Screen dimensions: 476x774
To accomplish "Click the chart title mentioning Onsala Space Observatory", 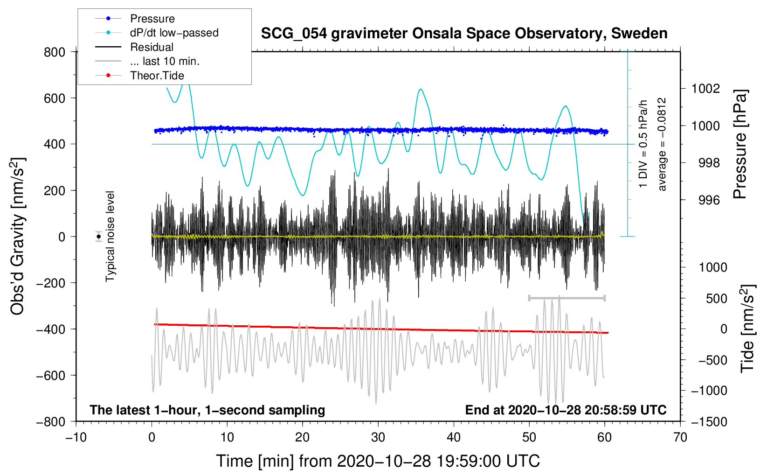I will coord(464,34).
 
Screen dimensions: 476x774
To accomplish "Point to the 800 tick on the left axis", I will coord(55,52).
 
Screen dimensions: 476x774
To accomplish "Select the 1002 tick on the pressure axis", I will coord(705,89).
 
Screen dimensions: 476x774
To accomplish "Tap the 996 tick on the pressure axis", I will coord(709,200).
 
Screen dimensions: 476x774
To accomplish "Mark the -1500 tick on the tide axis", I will coord(709,421).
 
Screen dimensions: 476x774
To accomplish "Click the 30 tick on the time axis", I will coord(378,437).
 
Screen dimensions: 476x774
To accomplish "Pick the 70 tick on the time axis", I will coord(680,437).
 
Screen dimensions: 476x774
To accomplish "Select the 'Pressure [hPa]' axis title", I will coord(740,144).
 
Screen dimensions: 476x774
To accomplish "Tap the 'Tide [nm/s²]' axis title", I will coord(747,329).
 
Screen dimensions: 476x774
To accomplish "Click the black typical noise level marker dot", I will coord(99,237).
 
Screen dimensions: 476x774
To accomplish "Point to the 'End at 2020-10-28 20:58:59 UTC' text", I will coord(566,410).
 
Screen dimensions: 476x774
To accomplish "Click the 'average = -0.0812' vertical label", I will coord(662,144).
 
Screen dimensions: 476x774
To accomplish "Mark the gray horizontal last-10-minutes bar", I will coord(567,298).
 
